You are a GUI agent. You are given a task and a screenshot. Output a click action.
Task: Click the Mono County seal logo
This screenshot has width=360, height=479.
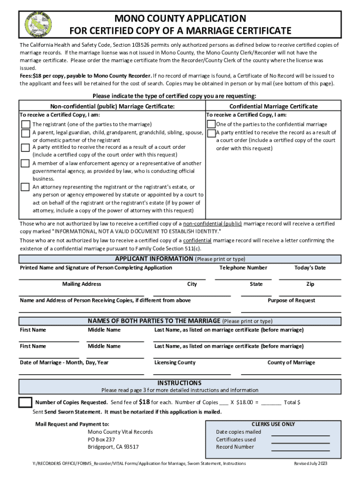39,24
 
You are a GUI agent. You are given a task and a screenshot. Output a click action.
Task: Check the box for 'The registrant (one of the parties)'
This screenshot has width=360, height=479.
25,124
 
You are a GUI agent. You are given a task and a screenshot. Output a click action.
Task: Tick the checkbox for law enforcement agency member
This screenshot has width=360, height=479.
25,163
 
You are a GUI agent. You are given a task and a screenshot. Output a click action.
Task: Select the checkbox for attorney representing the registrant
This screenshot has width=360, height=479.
25,187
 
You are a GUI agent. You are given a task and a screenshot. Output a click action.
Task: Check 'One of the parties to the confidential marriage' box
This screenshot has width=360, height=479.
211,124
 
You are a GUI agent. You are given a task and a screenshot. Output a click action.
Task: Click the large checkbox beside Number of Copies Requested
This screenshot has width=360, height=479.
25,402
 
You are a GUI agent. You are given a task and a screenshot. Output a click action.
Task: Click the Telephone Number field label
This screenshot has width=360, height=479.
243,268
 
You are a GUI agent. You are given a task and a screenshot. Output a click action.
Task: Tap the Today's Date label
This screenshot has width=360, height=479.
310,268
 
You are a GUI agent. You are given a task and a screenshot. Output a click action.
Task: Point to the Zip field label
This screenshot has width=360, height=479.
310,284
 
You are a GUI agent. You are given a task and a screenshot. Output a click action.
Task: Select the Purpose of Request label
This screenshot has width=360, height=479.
291,300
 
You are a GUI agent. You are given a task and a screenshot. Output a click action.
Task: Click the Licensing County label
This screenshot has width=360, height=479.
175,363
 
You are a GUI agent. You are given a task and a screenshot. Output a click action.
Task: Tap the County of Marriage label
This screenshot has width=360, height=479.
291,363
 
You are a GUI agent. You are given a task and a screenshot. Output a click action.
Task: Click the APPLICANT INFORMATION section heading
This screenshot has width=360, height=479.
154,259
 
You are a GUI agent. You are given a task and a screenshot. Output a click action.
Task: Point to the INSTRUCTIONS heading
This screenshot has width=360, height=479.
180,383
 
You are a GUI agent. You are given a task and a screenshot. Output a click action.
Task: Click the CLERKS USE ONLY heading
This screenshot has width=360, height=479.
273,424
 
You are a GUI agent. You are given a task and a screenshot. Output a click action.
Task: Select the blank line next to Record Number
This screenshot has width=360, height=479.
301,450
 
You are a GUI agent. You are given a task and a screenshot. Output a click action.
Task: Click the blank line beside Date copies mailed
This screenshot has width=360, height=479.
301,435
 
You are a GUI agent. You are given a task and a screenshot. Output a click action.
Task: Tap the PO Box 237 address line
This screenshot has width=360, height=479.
101,440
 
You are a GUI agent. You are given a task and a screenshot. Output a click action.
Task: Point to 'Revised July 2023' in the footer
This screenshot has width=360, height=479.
310,464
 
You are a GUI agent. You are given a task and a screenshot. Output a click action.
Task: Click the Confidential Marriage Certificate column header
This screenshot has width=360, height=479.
273,106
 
